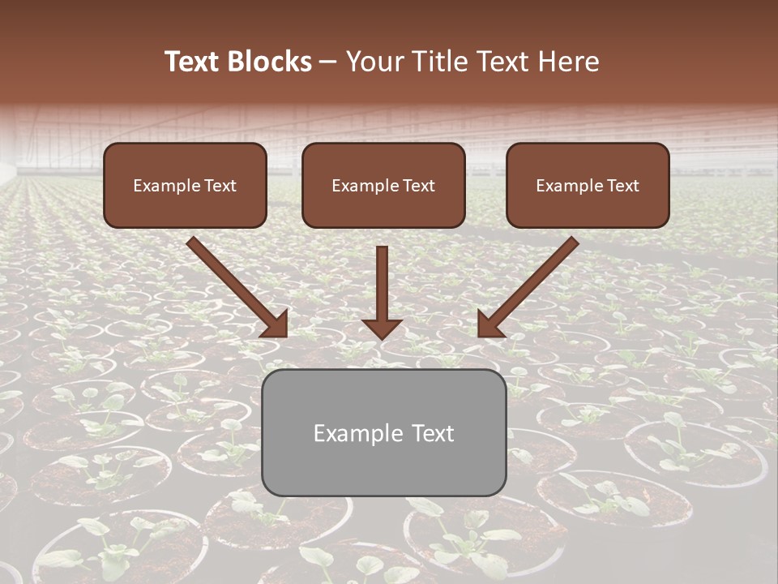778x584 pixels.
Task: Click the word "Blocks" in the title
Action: [x=268, y=62]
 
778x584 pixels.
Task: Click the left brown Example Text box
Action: [x=185, y=185]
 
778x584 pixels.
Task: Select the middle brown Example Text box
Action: [x=383, y=185]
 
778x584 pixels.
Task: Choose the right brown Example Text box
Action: [x=588, y=185]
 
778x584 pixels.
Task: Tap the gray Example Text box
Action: [x=383, y=432]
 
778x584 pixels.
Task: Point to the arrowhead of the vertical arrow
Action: [x=382, y=328]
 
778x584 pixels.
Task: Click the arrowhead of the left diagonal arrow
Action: [x=276, y=324]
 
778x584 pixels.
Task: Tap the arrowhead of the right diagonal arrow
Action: [x=489, y=324]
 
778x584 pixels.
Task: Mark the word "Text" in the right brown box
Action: [x=622, y=186]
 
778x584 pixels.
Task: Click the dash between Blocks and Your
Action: [x=328, y=62]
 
